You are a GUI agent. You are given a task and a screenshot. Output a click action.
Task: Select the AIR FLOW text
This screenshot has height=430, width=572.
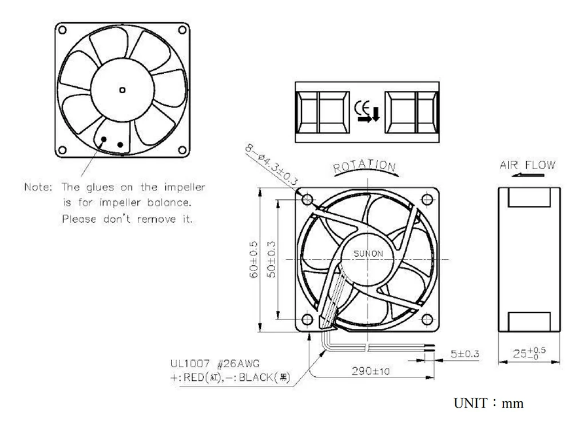(527, 165)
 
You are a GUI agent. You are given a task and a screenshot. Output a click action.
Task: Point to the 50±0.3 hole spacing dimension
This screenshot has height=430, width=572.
(272, 260)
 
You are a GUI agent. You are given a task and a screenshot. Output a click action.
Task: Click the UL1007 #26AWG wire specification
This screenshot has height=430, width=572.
(213, 363)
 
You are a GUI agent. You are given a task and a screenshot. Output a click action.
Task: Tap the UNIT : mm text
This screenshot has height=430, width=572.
(488, 404)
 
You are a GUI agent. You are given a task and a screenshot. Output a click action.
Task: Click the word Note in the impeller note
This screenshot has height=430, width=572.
(38, 187)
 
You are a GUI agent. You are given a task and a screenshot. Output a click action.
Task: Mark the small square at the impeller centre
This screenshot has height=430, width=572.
(121, 90)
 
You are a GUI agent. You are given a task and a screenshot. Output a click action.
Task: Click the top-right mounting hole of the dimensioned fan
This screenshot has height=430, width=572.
(426, 199)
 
